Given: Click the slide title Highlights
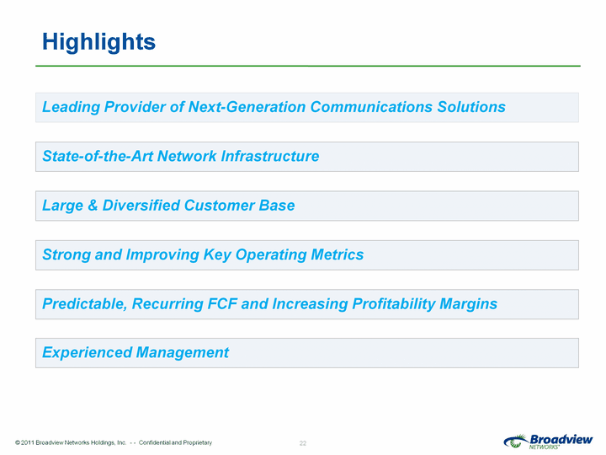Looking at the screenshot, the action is tap(98, 42).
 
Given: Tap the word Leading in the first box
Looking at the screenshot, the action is tap(71, 108).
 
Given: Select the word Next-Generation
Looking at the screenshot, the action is tap(247, 107).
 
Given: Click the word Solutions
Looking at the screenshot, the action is tap(471, 107).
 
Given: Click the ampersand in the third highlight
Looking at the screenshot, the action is tap(93, 205).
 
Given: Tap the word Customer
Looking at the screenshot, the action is tap(219, 205).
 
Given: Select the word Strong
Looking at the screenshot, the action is tap(66, 255).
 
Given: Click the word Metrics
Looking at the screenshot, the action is tap(337, 254).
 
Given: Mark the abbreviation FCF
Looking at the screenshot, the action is tap(222, 303).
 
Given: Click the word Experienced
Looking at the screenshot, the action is tap(87, 353).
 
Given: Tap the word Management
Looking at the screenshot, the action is tap(183, 353).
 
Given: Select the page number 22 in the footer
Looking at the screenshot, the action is tap(303, 443).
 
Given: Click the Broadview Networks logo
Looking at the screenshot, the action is tap(548, 442).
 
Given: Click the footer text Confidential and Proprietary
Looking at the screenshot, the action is tap(175, 442).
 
